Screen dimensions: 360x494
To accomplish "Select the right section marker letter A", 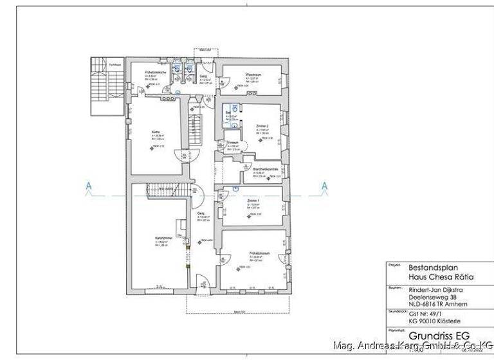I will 324,187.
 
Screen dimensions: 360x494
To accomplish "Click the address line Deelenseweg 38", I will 432,296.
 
